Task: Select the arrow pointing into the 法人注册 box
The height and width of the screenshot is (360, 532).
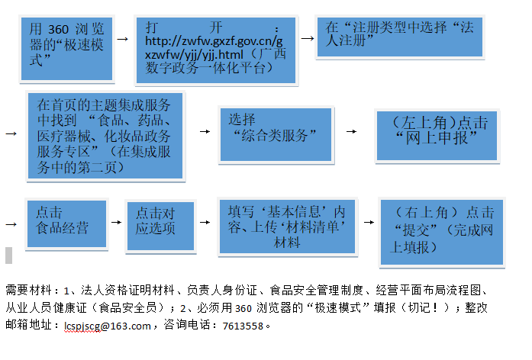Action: pyautogui.click(x=306, y=35)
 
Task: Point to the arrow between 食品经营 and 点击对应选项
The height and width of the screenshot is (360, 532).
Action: pyautogui.click(x=115, y=222)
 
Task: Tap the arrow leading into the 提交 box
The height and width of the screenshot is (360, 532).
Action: pyautogui.click(x=369, y=223)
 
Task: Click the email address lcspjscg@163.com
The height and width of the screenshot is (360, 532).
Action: pyautogui.click(x=108, y=326)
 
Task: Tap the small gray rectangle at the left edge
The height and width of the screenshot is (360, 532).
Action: pyautogui.click(x=8, y=254)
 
